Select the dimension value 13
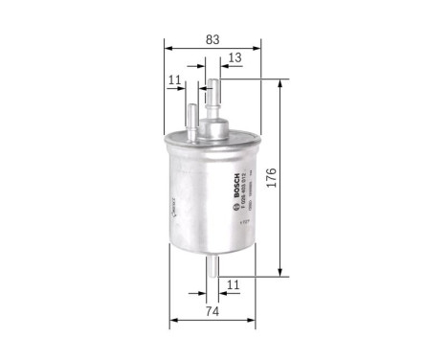[x=235, y=59]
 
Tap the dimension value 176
[x=298, y=179]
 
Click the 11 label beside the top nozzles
[x=172, y=80]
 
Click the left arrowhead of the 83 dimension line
[x=167, y=47]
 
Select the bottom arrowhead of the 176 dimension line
[x=279, y=274]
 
